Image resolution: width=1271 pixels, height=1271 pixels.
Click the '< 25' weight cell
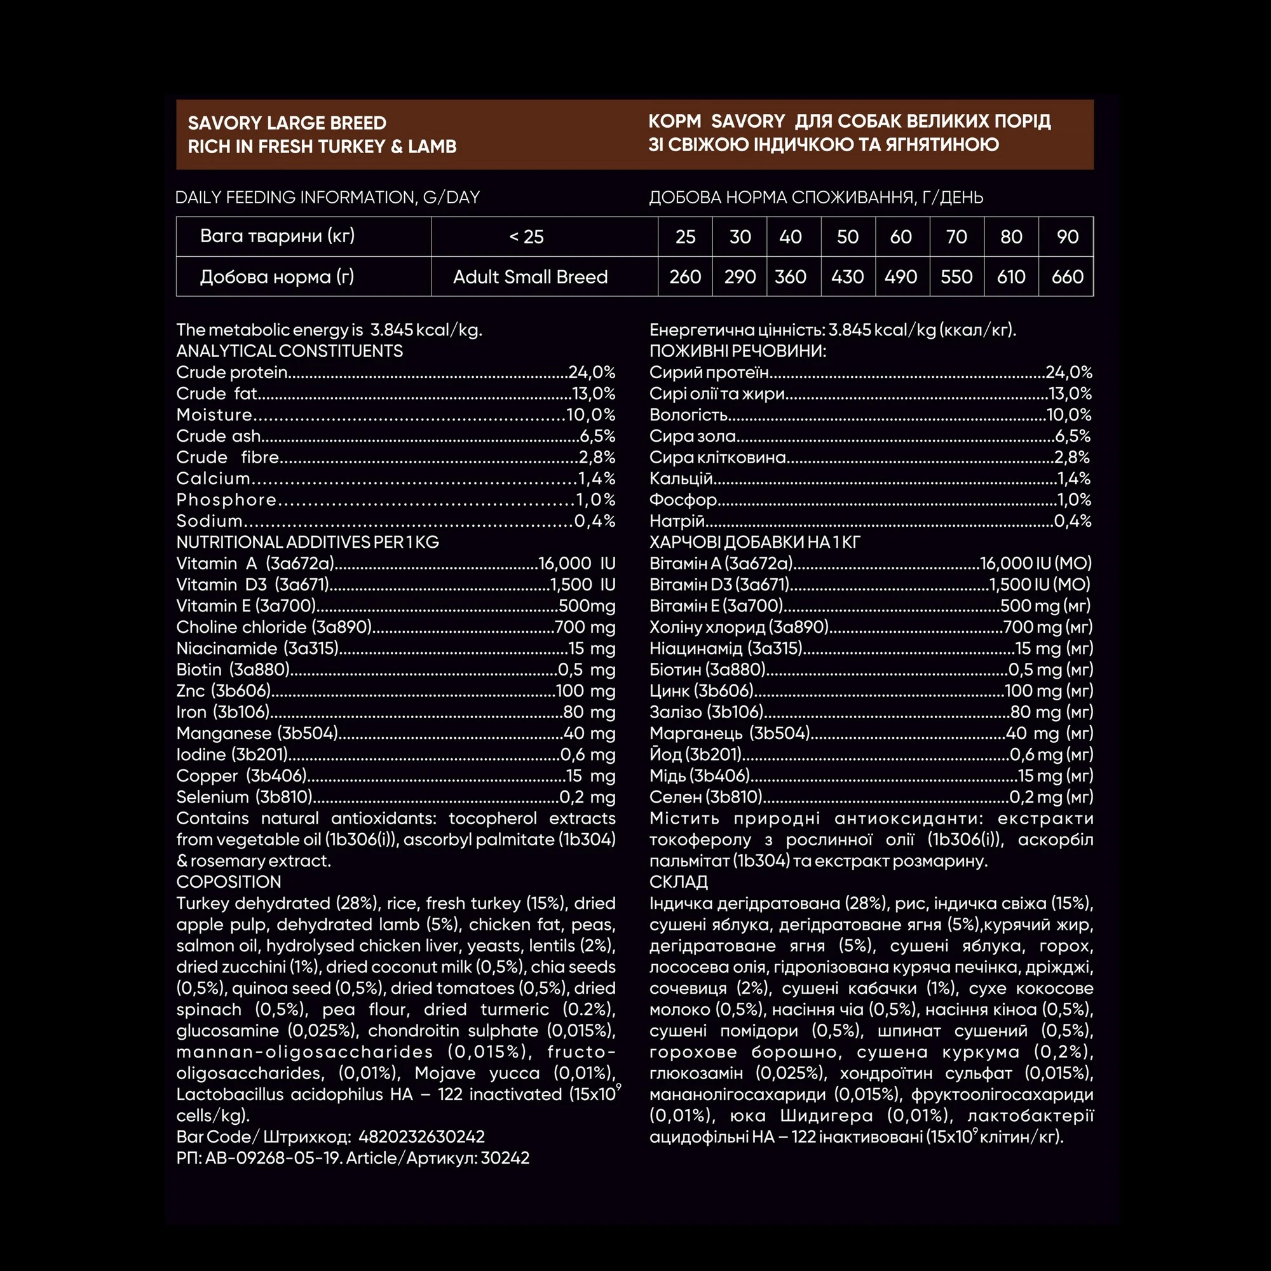tap(526, 237)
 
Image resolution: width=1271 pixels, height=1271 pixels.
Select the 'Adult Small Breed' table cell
tap(530, 277)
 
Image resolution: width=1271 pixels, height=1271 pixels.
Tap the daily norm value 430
tap(847, 277)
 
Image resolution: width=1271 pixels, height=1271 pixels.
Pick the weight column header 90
tap(1067, 237)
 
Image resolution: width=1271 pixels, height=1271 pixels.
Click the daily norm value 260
tap(685, 277)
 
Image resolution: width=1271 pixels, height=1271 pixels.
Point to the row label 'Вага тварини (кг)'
tap(277, 236)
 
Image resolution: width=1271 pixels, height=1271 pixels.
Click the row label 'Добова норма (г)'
tap(277, 277)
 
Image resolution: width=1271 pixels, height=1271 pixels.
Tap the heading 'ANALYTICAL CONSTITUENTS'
tap(289, 351)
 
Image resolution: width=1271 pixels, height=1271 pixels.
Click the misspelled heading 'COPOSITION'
tap(228, 882)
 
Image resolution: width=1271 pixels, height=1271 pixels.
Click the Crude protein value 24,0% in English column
tap(592, 372)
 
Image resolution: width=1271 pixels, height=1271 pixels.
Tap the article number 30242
tap(505, 1158)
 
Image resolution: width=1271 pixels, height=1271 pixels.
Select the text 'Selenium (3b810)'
tap(244, 798)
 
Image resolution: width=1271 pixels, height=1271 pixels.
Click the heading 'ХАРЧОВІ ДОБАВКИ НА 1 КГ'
tap(754, 542)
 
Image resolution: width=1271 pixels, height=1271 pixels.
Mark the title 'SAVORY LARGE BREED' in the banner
tap(287, 123)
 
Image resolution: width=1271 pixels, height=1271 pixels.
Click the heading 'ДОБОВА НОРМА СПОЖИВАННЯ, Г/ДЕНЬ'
tap(816, 198)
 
